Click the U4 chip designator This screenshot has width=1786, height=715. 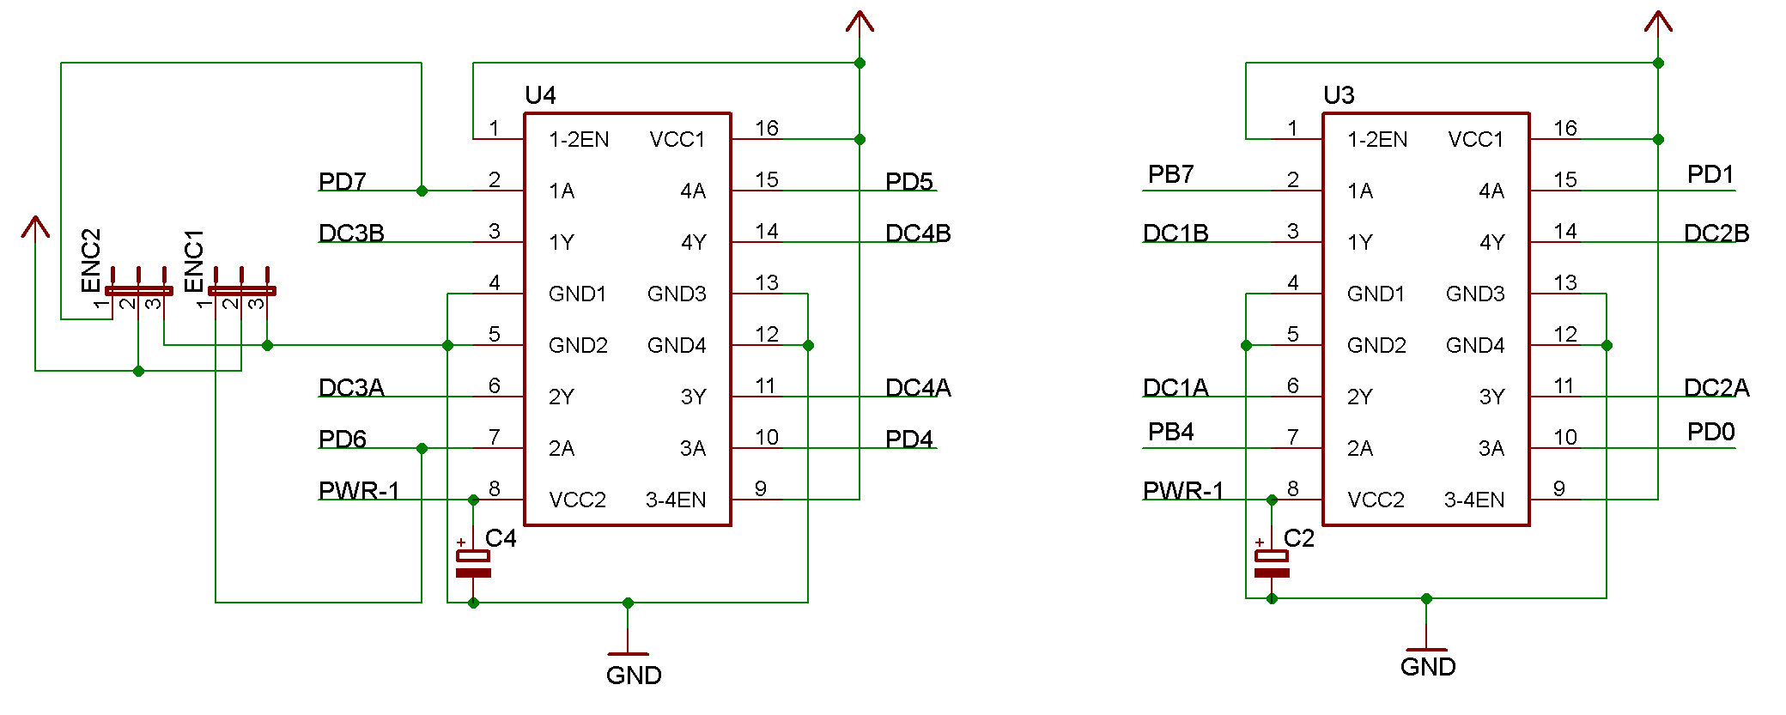pyautogui.click(x=540, y=95)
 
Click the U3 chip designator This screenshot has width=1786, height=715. pyautogui.click(x=1339, y=95)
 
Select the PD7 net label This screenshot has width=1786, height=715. pyautogui.click(x=342, y=182)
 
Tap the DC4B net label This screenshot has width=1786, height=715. pyautogui.click(x=918, y=233)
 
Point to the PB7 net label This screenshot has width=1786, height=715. pyautogui.click(x=1170, y=174)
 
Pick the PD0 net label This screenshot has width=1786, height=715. pyautogui.click(x=1710, y=432)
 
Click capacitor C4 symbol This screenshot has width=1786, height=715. pyautogui.click(x=473, y=564)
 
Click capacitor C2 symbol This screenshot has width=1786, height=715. pyautogui.click(x=1272, y=564)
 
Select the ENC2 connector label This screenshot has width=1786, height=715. pyautogui.click(x=91, y=260)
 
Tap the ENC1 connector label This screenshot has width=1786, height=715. pyautogui.click(x=194, y=260)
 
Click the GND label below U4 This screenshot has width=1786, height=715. pyautogui.click(x=634, y=676)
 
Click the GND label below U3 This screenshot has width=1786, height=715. pyautogui.click(x=1428, y=667)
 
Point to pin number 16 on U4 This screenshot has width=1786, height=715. pyautogui.click(x=767, y=129)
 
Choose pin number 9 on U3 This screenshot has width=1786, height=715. pyautogui.click(x=1559, y=489)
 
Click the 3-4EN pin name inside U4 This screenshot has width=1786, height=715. pyautogui.click(x=676, y=500)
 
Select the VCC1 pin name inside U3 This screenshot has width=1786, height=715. pyautogui.click(x=1475, y=139)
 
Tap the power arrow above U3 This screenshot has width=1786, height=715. pyautogui.click(x=1658, y=21)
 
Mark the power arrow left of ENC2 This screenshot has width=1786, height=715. pyautogui.click(x=35, y=227)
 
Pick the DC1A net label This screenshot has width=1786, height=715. pyautogui.click(x=1175, y=388)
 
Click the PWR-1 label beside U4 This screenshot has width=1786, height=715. pyautogui.click(x=359, y=491)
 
